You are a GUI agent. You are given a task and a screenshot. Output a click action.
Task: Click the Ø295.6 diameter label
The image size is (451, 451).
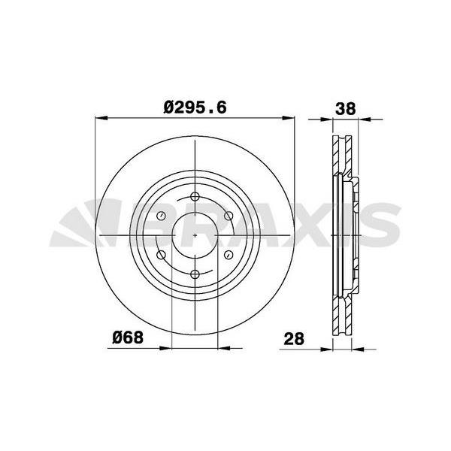click(x=195, y=107)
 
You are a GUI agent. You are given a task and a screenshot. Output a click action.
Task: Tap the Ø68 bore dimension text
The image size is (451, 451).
click(x=128, y=337)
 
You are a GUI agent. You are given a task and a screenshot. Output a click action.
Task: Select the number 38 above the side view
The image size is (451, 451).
click(x=346, y=109)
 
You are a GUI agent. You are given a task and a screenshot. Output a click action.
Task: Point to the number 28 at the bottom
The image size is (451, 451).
click(x=294, y=339)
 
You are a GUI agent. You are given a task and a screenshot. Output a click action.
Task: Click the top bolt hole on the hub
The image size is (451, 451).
click(x=195, y=197)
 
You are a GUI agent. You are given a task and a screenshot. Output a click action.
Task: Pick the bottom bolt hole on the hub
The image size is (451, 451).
click(x=195, y=274)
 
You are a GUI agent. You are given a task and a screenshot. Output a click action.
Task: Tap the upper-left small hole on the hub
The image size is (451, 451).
click(x=161, y=216)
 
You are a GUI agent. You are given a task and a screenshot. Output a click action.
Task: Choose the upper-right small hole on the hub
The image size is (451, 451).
click(x=229, y=216)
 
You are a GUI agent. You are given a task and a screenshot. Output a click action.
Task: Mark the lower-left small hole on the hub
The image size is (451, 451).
click(x=162, y=255)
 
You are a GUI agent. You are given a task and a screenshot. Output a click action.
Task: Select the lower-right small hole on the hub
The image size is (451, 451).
click(x=229, y=255)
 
